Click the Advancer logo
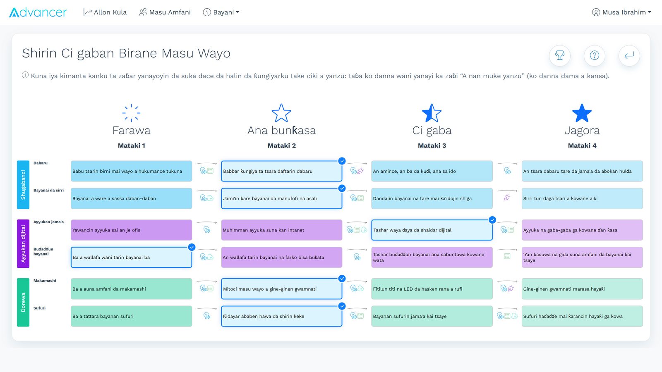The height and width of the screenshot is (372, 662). pyautogui.click(x=38, y=12)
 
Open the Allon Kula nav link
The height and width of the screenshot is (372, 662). pyautogui.click(x=105, y=12)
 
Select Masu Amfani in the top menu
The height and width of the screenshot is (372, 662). pyautogui.click(x=165, y=12)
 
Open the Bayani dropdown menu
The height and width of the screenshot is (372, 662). pyautogui.click(x=221, y=12)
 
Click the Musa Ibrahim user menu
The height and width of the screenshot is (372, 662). pyautogui.click(x=621, y=12)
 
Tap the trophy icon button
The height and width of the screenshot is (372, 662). pyautogui.click(x=560, y=55)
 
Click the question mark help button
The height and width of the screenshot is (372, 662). pyautogui.click(x=594, y=55)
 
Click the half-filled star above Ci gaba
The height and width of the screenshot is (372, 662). pyautogui.click(x=432, y=113)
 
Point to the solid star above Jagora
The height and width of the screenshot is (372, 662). pyautogui.click(x=582, y=113)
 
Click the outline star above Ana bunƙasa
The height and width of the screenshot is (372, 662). pyautogui.click(x=281, y=113)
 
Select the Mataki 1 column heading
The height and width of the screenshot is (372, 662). pyautogui.click(x=131, y=145)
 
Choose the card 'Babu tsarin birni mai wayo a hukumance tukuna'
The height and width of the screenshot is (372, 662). pyautogui.click(x=131, y=171)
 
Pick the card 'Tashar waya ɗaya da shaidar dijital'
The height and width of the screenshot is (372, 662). pyautogui.click(x=432, y=230)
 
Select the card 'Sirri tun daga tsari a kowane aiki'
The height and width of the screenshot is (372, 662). pyautogui.click(x=582, y=198)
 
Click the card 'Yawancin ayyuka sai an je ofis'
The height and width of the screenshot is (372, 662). pyautogui.click(x=131, y=230)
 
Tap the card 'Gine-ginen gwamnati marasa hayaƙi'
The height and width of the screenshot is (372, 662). pyautogui.click(x=582, y=289)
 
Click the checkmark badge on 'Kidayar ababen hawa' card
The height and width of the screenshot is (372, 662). pyautogui.click(x=342, y=306)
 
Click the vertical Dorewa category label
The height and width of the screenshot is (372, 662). pyautogui.click(x=23, y=302)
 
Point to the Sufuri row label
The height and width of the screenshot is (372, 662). pyautogui.click(x=39, y=308)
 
